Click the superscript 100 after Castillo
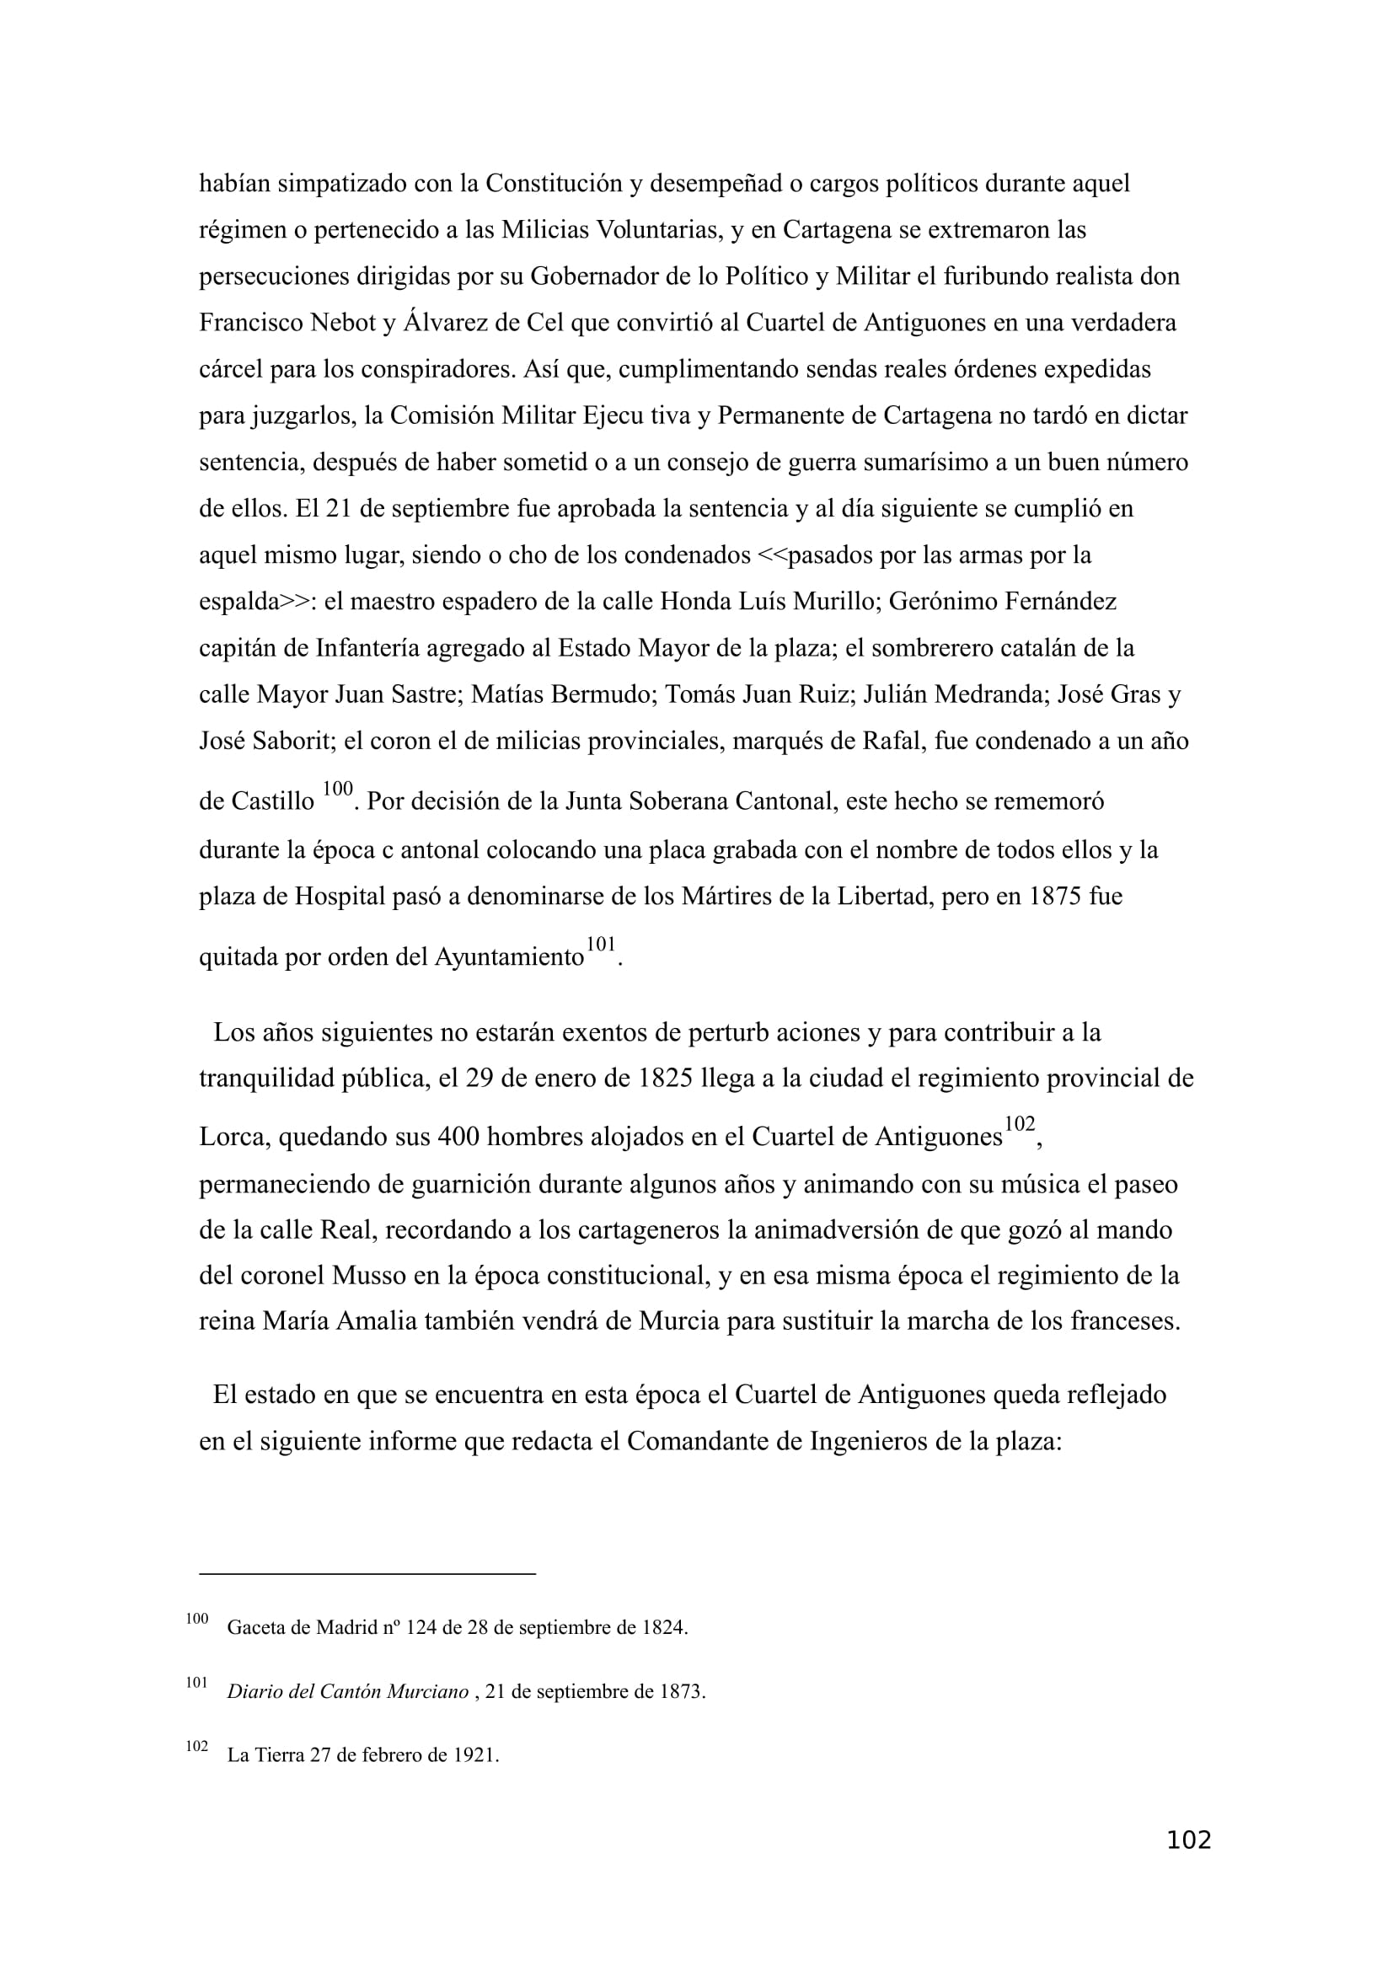coord(338,788)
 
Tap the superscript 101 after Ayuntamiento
coord(601,945)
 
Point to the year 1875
coord(1055,897)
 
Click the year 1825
coord(665,1079)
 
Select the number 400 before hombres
coord(459,1138)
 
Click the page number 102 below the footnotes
coord(1189,1864)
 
